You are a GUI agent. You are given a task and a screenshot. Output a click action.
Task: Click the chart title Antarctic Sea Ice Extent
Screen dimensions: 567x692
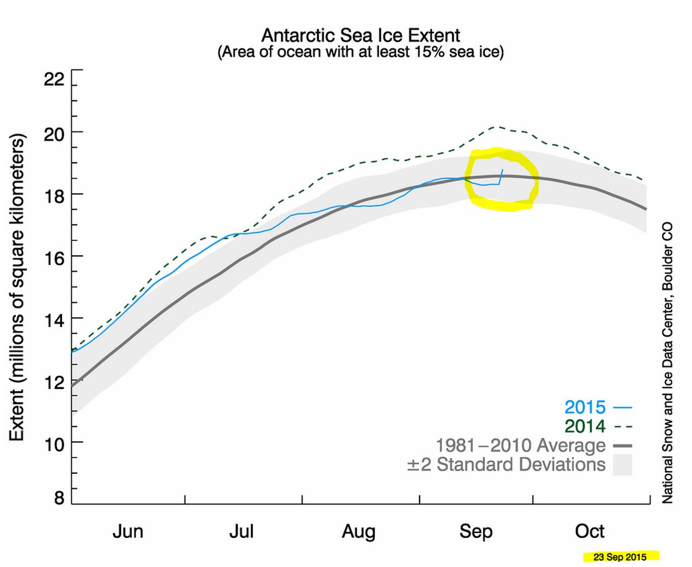coord(361,35)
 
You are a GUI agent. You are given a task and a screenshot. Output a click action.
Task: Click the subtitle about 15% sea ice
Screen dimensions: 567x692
coord(361,52)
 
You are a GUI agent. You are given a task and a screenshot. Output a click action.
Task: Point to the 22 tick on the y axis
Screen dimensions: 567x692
coord(54,79)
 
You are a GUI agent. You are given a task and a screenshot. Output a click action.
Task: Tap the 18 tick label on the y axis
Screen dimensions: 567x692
coord(54,195)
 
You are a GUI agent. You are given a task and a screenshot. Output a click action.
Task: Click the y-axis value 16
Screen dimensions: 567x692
coord(54,257)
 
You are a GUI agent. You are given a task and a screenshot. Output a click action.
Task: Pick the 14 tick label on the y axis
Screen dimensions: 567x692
coord(54,319)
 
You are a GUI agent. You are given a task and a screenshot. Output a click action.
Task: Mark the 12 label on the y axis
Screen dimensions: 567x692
coord(54,382)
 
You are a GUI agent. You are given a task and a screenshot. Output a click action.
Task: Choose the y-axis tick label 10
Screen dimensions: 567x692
coord(54,443)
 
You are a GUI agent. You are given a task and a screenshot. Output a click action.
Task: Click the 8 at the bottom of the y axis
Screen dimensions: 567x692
coord(59,498)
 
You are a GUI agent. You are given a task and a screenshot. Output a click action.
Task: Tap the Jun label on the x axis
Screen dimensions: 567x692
coord(128,532)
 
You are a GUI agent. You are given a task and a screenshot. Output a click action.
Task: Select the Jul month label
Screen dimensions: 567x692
coord(242,532)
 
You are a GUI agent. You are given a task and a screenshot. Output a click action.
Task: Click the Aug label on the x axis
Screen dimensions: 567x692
coord(358,532)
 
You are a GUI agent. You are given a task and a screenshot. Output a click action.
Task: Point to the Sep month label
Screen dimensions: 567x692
coord(476,532)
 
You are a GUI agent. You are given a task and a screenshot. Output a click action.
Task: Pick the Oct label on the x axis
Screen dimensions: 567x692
coord(589,532)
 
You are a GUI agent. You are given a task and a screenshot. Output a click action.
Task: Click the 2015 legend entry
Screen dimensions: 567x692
coord(585,408)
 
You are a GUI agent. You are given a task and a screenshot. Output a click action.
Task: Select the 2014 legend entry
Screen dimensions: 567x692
coord(585,426)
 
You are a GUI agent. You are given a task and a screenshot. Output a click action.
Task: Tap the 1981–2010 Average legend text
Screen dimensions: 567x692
coord(521,445)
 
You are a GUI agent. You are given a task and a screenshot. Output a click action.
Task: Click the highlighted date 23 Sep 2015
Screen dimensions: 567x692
coord(620,557)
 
